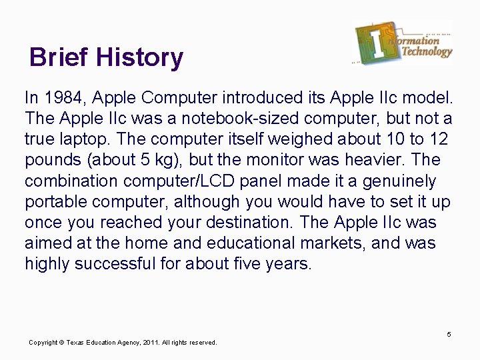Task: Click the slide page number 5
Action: tap(449, 333)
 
